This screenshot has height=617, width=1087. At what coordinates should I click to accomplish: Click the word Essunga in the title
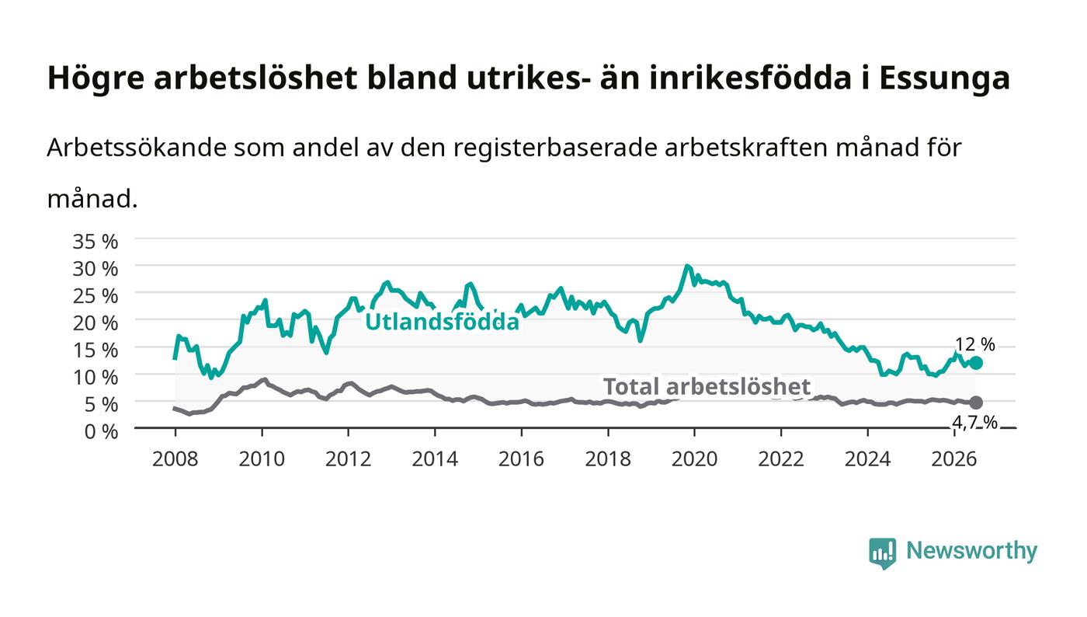point(944,78)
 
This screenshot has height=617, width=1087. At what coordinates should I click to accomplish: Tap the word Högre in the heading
point(96,78)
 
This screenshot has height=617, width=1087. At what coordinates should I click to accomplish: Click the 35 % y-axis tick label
point(95,242)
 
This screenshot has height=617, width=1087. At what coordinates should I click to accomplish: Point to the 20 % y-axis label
point(95,323)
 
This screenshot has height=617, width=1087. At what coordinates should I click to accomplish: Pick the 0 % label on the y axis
point(101,431)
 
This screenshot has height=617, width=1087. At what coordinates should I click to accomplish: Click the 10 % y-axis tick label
point(95,378)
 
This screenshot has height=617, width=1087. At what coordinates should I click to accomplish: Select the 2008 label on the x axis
point(175,459)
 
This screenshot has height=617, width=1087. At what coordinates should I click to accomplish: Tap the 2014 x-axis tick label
point(435,459)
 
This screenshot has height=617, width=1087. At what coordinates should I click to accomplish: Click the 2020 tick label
point(694,459)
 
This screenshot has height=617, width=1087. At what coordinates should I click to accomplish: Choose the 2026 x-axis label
point(954,459)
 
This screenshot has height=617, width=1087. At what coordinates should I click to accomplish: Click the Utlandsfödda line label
point(442,322)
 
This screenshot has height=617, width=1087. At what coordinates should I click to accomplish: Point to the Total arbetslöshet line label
point(707,387)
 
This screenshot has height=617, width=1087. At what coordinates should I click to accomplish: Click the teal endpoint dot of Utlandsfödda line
point(976,363)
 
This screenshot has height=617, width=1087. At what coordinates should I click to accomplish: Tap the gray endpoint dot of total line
point(976,403)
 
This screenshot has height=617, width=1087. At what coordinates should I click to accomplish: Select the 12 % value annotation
point(975,344)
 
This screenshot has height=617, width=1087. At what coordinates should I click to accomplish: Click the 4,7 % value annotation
point(975,424)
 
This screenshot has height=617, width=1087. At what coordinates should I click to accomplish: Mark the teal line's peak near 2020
point(686,266)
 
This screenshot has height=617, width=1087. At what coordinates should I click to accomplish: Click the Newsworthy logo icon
point(883,553)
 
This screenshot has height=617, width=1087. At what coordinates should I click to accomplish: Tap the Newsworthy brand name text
point(971,551)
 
